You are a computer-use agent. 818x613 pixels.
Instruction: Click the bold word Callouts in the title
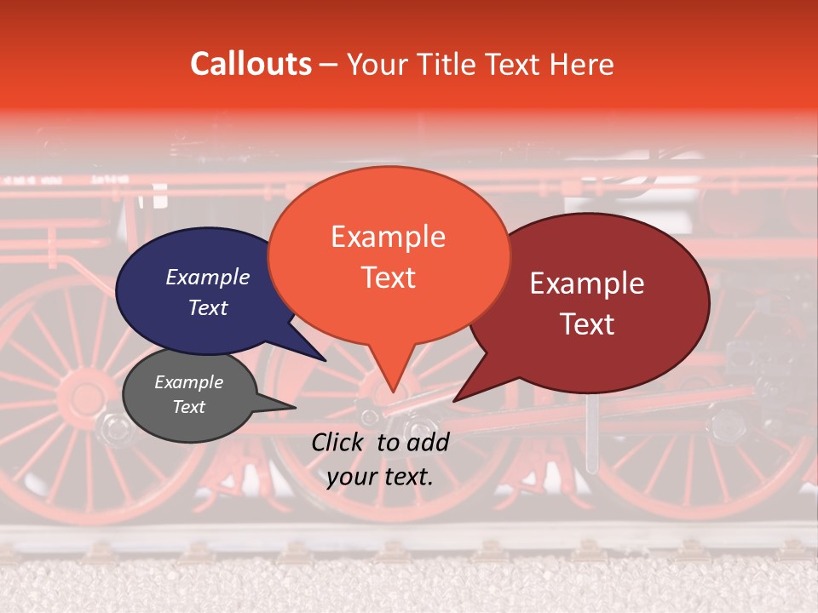[251, 64]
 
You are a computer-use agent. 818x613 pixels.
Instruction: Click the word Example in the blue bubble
[207, 278]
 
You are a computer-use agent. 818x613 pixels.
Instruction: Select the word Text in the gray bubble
[188, 407]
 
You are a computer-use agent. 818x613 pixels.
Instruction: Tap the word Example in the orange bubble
[388, 237]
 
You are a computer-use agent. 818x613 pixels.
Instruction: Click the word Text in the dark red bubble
[588, 324]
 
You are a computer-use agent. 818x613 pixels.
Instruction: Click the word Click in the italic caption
[338, 442]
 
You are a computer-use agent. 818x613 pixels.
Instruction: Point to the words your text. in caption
[379, 477]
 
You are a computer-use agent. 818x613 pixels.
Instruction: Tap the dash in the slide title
[329, 65]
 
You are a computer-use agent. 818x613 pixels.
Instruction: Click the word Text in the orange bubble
[389, 278]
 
